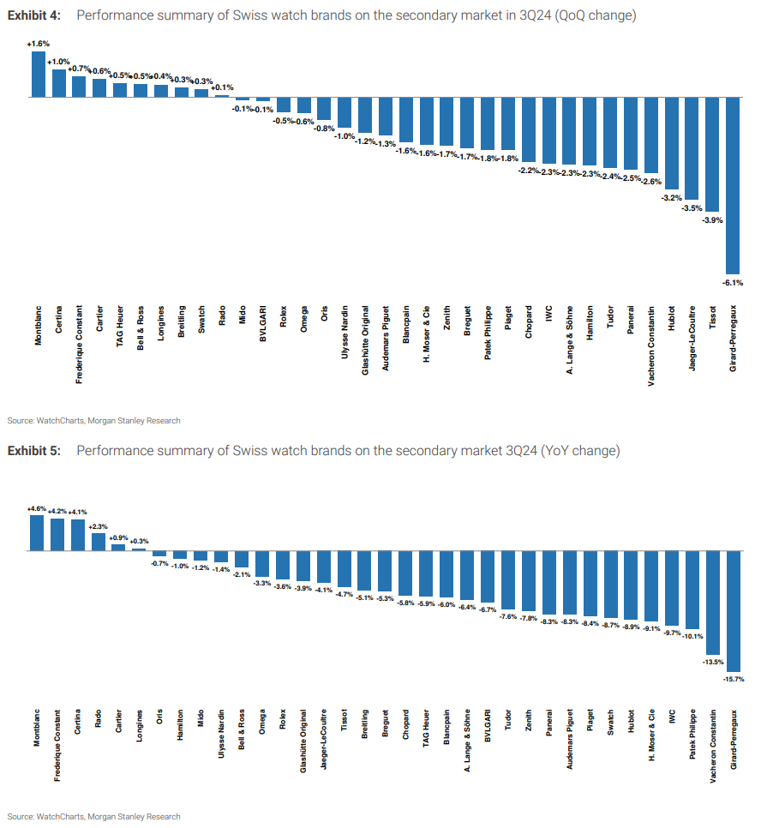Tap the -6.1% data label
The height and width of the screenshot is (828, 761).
tap(733, 282)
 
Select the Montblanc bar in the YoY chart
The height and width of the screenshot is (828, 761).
tap(37, 532)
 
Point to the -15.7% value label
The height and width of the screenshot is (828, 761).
tap(733, 678)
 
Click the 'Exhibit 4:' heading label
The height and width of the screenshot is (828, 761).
tap(33, 17)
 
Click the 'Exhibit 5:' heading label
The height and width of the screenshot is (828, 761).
tap(33, 451)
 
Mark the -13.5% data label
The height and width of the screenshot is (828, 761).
tap(712, 662)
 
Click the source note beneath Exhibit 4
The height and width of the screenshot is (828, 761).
tap(94, 421)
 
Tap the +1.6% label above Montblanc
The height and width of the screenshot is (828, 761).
tap(38, 44)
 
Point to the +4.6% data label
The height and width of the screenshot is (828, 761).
tap(37, 508)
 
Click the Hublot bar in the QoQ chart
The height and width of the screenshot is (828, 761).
tap(671, 143)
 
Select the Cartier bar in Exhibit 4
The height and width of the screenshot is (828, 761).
tap(99, 88)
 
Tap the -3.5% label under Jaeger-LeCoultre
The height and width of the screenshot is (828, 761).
tap(692, 207)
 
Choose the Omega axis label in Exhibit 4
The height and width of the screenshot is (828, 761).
tap(303, 318)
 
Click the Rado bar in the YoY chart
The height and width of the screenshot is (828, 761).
tap(99, 541)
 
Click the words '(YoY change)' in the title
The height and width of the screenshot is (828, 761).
tap(580, 451)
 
